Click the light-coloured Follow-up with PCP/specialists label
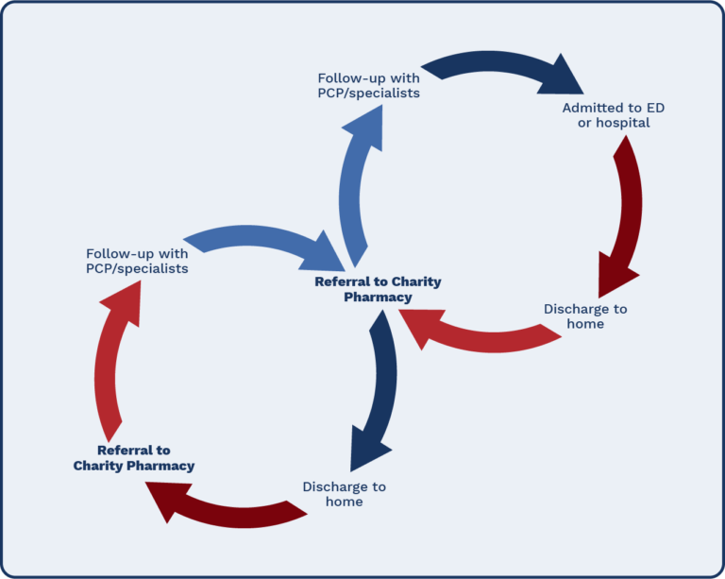pos(137,261)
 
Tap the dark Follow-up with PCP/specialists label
pos(368,86)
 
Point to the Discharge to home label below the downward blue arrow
pos(344,494)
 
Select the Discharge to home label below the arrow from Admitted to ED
pos(585,316)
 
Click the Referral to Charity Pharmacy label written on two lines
pos(378,289)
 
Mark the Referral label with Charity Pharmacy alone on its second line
pos(134,458)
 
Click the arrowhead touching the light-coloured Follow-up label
pos(120,300)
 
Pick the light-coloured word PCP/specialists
pos(137,268)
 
